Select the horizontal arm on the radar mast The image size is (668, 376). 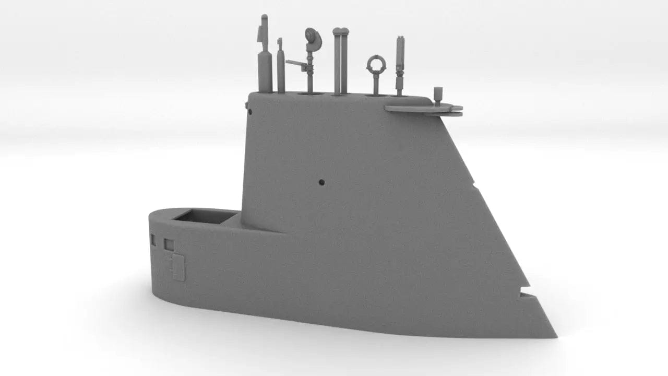[x=295, y=64]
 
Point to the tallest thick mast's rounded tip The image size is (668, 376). [x=264, y=19]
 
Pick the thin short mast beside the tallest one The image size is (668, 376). [x=281, y=65]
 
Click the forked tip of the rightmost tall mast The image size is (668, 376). [x=400, y=39]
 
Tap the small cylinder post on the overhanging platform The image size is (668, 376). [x=438, y=95]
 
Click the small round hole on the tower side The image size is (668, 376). [x=321, y=182]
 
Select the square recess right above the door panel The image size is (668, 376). [x=169, y=244]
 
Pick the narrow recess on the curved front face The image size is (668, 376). [x=153, y=240]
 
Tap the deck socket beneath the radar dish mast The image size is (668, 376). [x=309, y=94]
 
